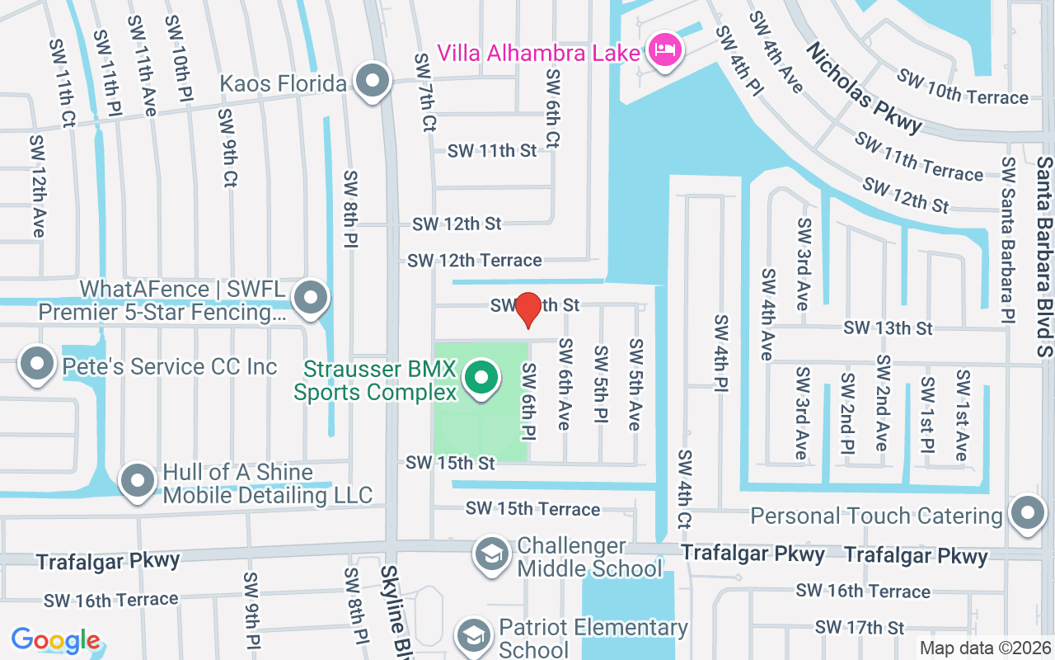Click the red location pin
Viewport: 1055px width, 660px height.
[x=527, y=309]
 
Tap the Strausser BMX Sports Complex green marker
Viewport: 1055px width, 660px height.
[x=481, y=379]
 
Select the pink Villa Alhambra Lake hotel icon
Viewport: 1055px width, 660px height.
[x=664, y=53]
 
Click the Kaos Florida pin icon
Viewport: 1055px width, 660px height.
[x=373, y=82]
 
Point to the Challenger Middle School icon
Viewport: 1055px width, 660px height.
[x=492, y=553]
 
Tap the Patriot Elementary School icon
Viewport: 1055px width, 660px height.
[x=474, y=635]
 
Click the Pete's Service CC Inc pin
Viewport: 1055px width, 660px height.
[x=36, y=365]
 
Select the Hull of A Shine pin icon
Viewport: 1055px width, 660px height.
[x=137, y=481]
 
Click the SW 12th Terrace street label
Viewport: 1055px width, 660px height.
[x=475, y=261]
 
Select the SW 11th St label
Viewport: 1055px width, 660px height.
[x=492, y=151]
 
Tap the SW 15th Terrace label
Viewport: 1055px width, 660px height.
[x=532, y=509]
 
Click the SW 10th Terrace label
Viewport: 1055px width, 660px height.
[x=963, y=88]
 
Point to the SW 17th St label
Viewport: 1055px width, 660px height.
[x=860, y=628]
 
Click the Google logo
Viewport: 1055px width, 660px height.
[x=56, y=640]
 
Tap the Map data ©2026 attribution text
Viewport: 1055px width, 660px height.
[x=986, y=648]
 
